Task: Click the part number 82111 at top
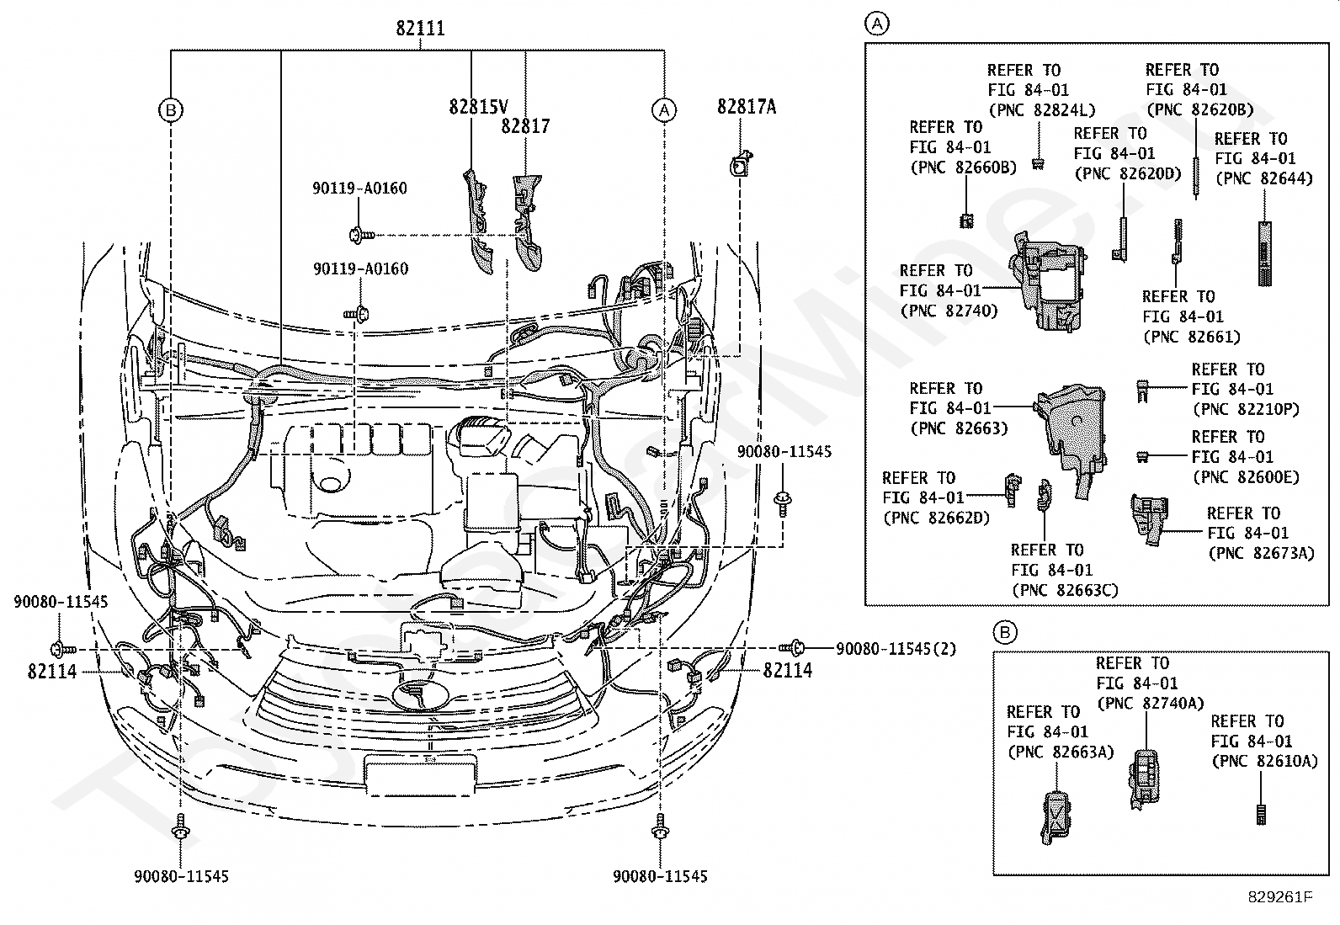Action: pos(420,29)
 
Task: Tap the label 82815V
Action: pos(478,107)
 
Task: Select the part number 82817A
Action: pos(747,106)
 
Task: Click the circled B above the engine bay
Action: pos(171,109)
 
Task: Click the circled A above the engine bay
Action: pos(664,109)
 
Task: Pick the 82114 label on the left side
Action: pos(51,671)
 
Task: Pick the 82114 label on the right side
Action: pos(788,671)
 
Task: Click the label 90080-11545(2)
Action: pos(896,649)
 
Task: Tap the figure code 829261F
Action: pos(1279,896)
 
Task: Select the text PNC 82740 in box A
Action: pos(949,311)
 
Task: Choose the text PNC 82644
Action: pos(1263,178)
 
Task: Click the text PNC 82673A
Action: pos(1260,553)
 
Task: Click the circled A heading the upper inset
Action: pos(877,24)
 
